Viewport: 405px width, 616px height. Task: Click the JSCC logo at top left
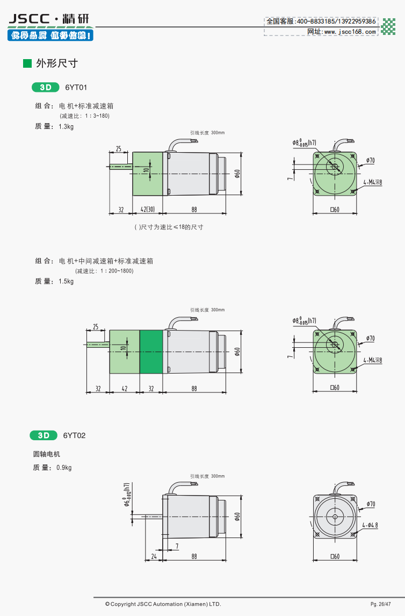(50, 27)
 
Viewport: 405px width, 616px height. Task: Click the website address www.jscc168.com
(342, 31)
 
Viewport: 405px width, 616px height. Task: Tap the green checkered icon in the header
(388, 26)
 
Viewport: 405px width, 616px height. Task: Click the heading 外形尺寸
(57, 63)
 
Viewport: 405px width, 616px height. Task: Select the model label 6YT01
(76, 87)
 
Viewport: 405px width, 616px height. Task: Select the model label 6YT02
(74, 435)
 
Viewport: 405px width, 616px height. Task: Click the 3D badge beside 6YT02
(44, 435)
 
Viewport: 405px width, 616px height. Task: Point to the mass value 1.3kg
(66, 126)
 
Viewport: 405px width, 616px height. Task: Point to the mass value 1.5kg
(66, 281)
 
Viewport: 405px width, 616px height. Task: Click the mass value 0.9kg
(64, 468)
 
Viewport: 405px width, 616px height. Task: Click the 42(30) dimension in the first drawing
(148, 210)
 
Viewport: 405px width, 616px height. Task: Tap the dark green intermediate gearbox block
(151, 352)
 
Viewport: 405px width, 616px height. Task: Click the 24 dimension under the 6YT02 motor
(154, 556)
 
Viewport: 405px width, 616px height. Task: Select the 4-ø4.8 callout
(370, 525)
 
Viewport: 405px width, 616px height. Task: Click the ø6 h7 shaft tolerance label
(126, 495)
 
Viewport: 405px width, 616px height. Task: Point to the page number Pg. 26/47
(381, 604)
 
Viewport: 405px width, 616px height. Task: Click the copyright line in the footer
(163, 604)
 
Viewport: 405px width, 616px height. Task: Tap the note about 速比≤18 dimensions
(169, 227)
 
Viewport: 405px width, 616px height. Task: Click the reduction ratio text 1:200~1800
(104, 271)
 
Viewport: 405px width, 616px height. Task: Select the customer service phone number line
(321, 21)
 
